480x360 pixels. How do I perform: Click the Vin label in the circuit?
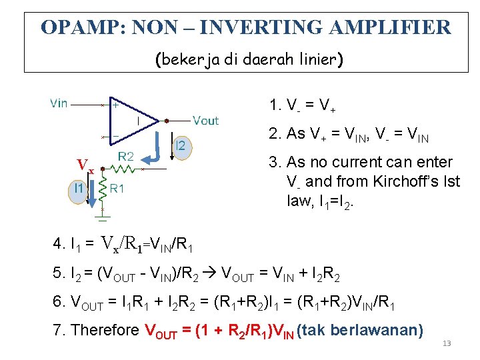[59, 103]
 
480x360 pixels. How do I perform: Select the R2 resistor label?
[126, 157]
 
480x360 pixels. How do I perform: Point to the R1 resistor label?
[117, 189]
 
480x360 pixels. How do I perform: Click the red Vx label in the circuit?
[85, 165]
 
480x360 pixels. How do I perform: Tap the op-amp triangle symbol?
[137, 120]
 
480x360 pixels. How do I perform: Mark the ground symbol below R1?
[102, 215]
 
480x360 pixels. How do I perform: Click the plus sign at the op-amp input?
[116, 105]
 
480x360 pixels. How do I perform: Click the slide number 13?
[447, 343]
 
